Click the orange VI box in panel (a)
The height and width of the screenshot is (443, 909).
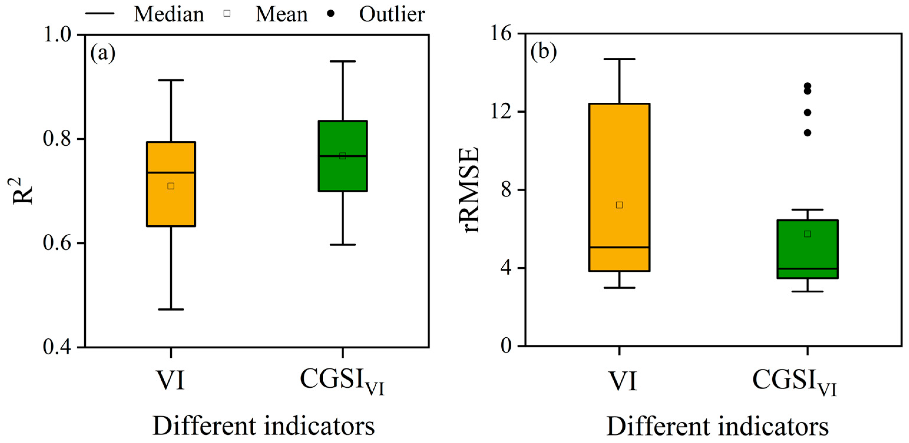click(171, 184)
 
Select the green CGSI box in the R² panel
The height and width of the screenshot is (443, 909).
click(343, 156)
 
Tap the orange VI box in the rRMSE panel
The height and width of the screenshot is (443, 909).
click(619, 187)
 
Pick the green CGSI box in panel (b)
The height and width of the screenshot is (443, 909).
click(807, 249)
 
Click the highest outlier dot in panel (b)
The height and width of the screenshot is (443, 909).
click(807, 86)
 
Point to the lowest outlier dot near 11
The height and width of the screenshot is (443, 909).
click(807, 133)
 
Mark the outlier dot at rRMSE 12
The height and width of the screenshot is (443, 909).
click(807, 113)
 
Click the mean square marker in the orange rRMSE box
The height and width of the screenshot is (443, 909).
click(619, 205)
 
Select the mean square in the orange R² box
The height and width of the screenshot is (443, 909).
click(171, 186)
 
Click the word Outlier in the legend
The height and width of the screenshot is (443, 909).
click(392, 14)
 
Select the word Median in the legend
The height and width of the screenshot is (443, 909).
click(169, 14)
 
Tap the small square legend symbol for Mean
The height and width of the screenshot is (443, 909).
click(227, 14)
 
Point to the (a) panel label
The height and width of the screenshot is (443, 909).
click(103, 54)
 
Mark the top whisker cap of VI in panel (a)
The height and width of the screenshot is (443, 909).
click(171, 80)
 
